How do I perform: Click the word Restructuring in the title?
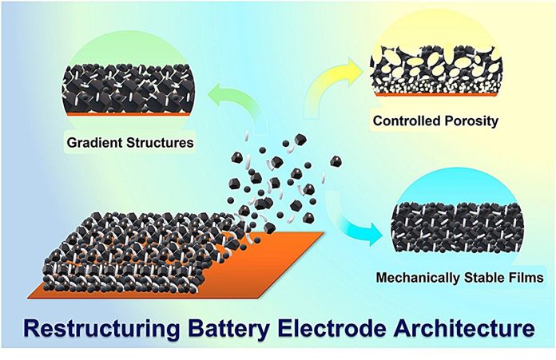(101, 328)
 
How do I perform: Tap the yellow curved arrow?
(324, 80)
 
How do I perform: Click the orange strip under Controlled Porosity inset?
(436, 95)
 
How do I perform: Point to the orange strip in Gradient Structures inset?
(129, 114)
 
